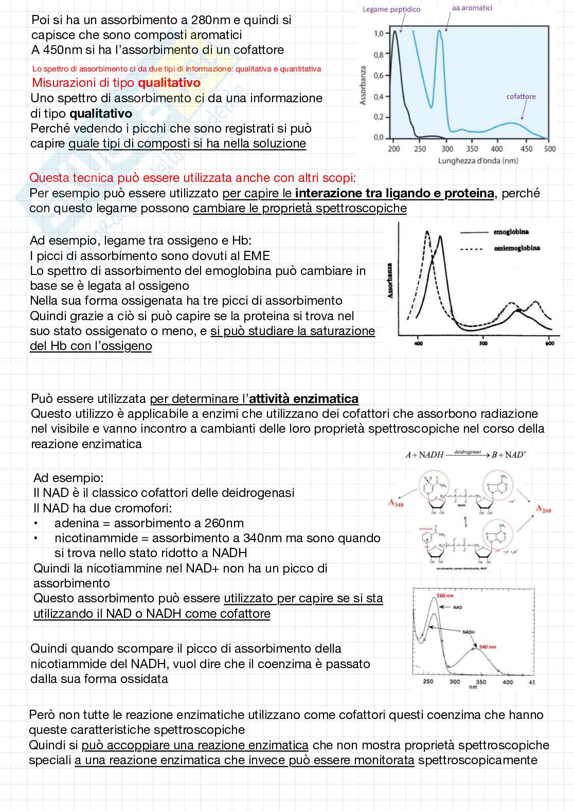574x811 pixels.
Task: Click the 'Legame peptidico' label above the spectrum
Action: click(x=391, y=9)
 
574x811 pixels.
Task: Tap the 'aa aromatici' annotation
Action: click(x=472, y=8)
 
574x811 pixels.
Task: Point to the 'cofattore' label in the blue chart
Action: click(x=521, y=96)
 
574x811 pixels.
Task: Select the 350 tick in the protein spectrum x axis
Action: click(x=472, y=149)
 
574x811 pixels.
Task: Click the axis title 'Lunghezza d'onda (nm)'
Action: click(x=478, y=161)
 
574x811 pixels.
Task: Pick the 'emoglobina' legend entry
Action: click(x=511, y=232)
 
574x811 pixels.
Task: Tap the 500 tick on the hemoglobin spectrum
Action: click(x=483, y=343)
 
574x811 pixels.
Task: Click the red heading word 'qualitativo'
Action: click(x=169, y=83)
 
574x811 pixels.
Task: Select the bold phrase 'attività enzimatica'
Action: click(x=303, y=399)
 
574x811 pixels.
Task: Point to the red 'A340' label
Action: click(x=396, y=503)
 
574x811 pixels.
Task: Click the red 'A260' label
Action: click(x=543, y=509)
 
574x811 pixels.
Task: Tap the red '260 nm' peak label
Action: click(x=445, y=596)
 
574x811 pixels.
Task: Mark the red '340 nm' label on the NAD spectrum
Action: click(x=488, y=647)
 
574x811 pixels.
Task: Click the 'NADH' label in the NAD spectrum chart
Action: click(x=469, y=632)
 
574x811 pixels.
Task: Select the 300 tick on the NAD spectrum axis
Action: click(x=455, y=682)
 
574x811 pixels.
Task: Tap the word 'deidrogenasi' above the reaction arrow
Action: click(x=467, y=452)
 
